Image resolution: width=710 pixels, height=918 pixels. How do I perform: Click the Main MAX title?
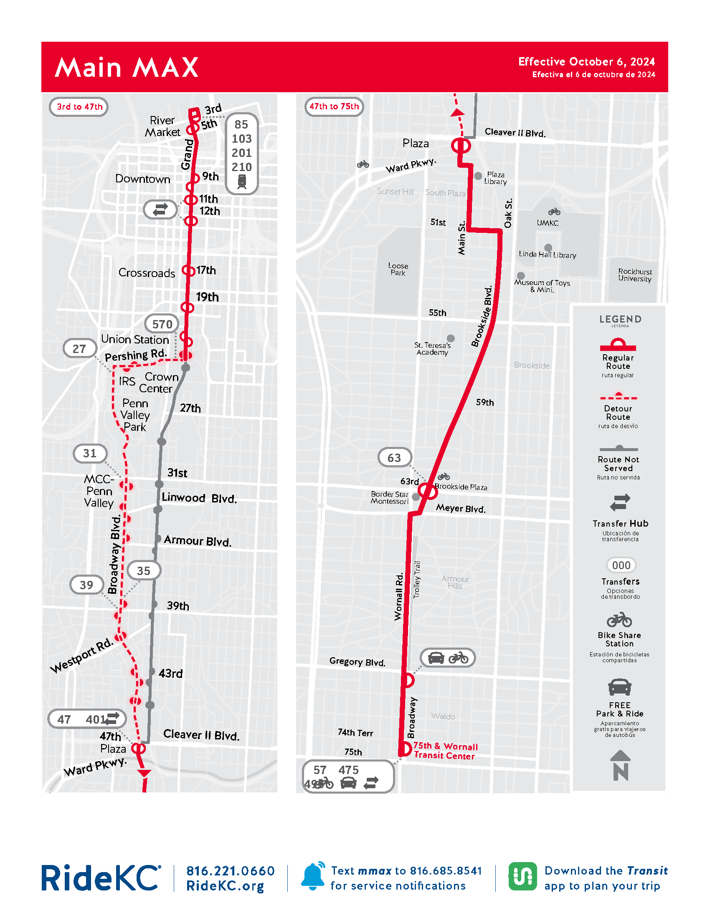127,68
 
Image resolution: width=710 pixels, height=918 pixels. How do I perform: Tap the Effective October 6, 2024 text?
586,62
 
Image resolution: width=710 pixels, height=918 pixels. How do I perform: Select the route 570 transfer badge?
162,324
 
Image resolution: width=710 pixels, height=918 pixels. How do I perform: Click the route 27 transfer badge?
79,349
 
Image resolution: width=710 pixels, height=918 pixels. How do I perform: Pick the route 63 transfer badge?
394,458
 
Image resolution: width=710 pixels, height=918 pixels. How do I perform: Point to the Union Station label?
134,339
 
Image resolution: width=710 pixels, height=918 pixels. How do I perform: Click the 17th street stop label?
206,270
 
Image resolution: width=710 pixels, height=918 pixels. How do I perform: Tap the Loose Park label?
398,269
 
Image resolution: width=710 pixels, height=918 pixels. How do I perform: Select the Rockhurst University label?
635,275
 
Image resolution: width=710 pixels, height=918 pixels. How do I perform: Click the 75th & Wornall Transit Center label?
445,751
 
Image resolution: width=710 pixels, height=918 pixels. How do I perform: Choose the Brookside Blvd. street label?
482,316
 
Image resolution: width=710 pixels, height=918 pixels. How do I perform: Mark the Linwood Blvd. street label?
199,498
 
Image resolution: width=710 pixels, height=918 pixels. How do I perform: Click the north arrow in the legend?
620,766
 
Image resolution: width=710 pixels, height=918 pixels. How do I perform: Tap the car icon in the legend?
619,688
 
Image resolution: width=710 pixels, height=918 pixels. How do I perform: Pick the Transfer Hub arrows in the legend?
620,502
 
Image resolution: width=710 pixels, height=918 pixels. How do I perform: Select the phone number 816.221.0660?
231,870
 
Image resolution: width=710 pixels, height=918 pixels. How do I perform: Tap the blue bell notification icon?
313,876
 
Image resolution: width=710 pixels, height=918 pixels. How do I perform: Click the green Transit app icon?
522,876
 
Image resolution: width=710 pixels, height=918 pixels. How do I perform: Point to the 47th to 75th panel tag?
334,106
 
